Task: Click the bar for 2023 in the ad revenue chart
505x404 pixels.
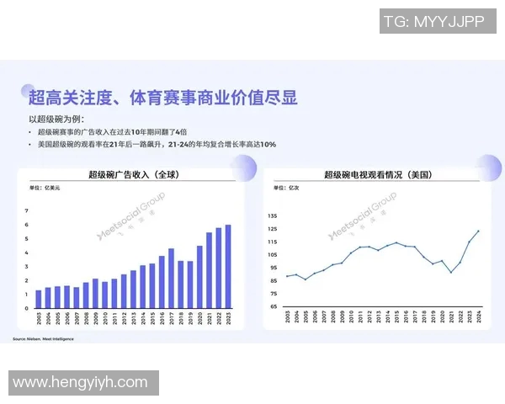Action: pos(227,267)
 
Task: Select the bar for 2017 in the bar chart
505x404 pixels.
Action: pos(171,279)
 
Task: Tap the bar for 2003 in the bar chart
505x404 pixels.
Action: pos(38,300)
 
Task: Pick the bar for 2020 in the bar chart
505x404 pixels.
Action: pos(199,277)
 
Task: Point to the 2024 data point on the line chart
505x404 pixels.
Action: pos(478,231)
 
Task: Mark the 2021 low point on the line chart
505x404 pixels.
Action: pos(450,272)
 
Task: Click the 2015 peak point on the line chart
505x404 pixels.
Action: pos(396,242)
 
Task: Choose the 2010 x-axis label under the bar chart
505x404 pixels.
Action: pos(104,322)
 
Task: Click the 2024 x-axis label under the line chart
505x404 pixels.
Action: pos(478,322)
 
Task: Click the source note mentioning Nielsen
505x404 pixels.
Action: pos(44,338)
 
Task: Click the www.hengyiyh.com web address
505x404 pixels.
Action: pos(80,383)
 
